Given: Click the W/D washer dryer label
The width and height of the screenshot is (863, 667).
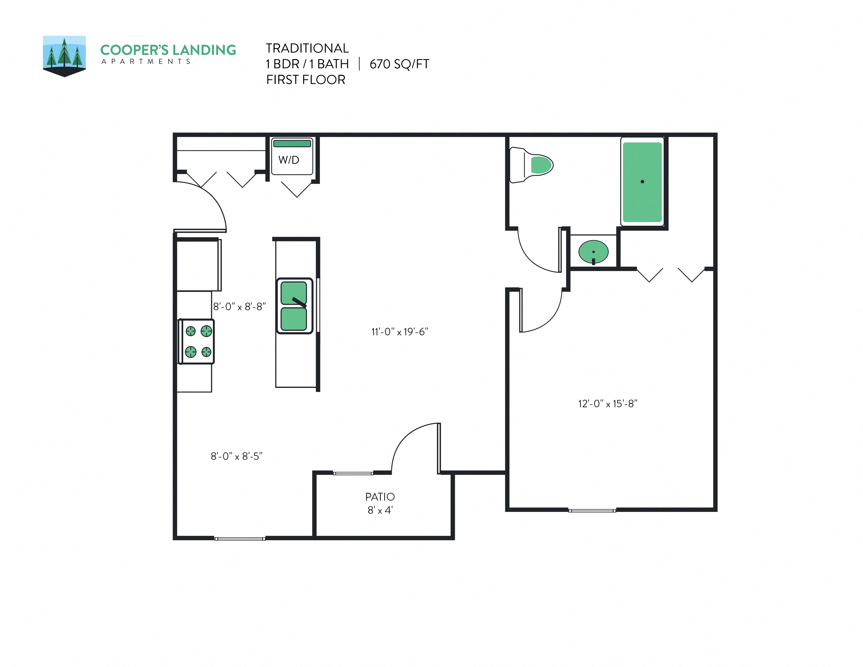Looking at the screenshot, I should [289, 160].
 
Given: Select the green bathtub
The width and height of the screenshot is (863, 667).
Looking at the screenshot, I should [642, 182].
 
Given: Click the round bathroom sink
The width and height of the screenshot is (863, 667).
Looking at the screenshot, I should [593, 252].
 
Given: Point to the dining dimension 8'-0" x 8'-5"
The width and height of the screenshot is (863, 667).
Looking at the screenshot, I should [236, 456].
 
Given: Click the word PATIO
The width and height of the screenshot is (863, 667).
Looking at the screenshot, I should [380, 497].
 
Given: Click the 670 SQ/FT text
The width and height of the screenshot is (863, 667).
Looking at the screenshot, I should [399, 64].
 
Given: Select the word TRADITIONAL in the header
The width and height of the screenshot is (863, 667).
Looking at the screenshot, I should [307, 48].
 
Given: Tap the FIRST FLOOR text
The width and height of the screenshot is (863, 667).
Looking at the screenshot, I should [305, 80].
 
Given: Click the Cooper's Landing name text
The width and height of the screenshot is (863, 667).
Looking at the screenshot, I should [168, 50].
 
